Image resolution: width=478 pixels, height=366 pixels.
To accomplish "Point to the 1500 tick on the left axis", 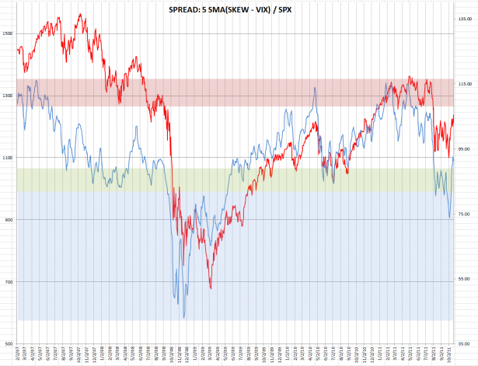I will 8,33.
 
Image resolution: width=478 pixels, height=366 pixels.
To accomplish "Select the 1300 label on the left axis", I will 8,96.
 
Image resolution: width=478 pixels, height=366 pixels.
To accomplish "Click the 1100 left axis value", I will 8,158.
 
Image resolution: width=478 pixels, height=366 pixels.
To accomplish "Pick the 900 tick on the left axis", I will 9,220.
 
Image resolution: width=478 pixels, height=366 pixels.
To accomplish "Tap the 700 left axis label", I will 9,282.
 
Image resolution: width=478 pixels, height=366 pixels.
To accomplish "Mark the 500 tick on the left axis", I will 9,344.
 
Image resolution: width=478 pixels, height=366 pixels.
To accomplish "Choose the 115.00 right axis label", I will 465,83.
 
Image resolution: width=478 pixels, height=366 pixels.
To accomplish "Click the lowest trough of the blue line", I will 183,317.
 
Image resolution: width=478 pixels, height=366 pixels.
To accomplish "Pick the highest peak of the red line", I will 81,14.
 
